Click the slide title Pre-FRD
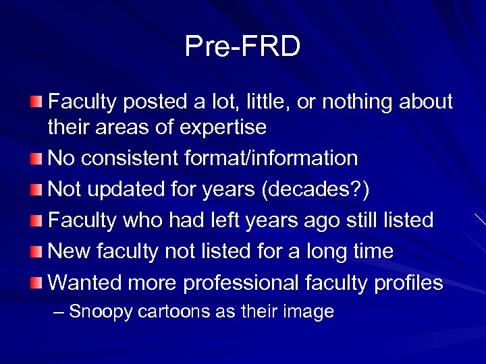(242, 47)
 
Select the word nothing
(359, 102)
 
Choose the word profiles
(405, 282)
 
